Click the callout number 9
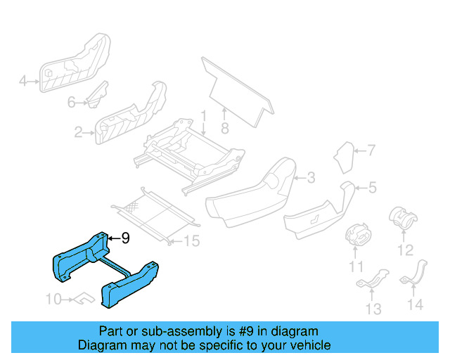[x=125, y=238]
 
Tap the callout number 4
[x=22, y=82]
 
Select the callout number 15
[x=191, y=241]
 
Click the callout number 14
[x=416, y=304]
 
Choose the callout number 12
[x=404, y=250]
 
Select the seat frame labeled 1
[x=190, y=155]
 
